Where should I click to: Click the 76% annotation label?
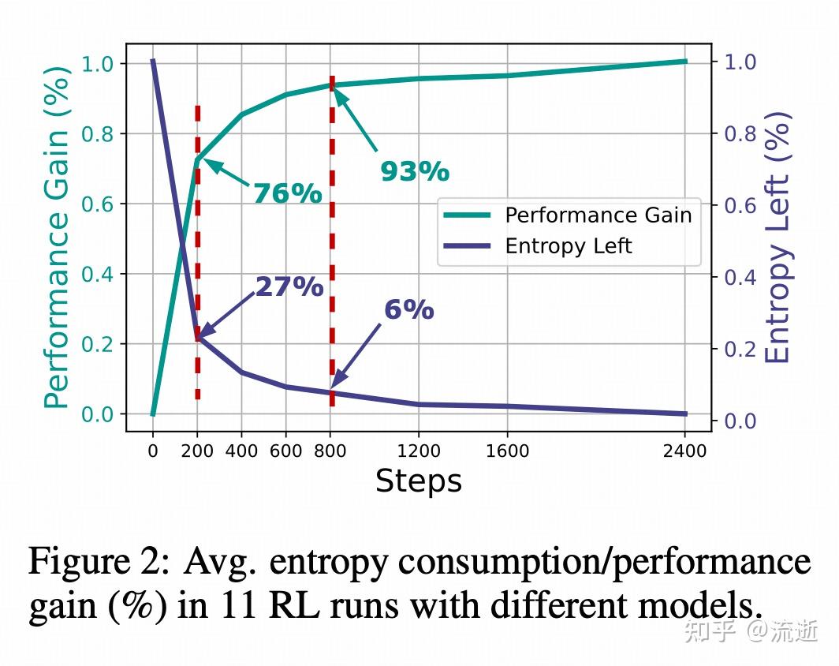coord(287,193)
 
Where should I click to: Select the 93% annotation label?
coord(414,171)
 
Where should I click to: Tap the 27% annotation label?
coord(289,287)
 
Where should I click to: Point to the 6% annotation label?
coord(408,310)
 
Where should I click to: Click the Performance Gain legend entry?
coord(598,215)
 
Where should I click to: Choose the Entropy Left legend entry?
coord(568,246)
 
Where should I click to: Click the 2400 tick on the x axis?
coord(684,451)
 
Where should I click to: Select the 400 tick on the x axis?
coord(241,451)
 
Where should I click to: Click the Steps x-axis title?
coord(418,481)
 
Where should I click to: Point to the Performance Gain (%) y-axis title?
coord(56,238)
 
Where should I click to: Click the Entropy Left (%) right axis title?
coord(777,238)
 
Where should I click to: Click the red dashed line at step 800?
coord(331,237)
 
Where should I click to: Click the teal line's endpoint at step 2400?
coord(684,61)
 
